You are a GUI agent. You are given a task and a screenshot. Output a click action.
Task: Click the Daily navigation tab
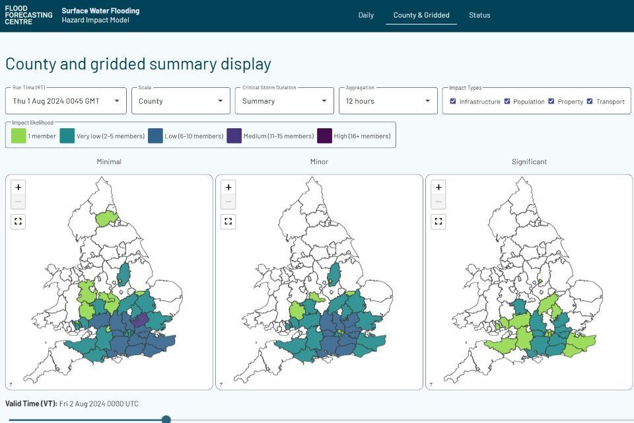(366, 15)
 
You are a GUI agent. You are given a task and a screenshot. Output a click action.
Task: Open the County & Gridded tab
(421, 15)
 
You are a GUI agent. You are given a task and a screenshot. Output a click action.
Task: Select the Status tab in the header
(479, 15)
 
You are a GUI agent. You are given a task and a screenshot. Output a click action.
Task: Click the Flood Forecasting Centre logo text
(28, 15)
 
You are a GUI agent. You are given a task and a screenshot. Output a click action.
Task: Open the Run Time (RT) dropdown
(65, 101)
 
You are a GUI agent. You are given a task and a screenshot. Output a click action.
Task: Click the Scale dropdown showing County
(180, 101)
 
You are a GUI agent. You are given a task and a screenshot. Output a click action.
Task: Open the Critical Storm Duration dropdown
(284, 101)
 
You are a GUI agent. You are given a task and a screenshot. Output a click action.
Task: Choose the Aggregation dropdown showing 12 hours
(388, 101)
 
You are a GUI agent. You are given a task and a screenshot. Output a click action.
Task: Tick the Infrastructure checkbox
(453, 101)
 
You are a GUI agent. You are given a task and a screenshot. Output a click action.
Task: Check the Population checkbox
(507, 101)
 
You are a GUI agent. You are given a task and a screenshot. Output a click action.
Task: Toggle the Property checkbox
(551, 101)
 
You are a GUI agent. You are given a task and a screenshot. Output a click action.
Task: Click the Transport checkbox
(590, 101)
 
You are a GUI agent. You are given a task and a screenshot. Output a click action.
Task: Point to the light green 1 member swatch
(18, 136)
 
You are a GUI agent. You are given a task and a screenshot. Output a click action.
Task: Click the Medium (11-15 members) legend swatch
(234, 136)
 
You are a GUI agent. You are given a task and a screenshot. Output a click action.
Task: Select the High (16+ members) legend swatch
(325, 136)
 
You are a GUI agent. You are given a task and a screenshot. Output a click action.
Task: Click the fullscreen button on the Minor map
(229, 221)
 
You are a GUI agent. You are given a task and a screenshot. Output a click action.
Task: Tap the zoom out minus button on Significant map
(439, 202)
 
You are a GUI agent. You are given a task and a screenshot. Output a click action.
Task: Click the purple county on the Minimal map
(140, 321)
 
